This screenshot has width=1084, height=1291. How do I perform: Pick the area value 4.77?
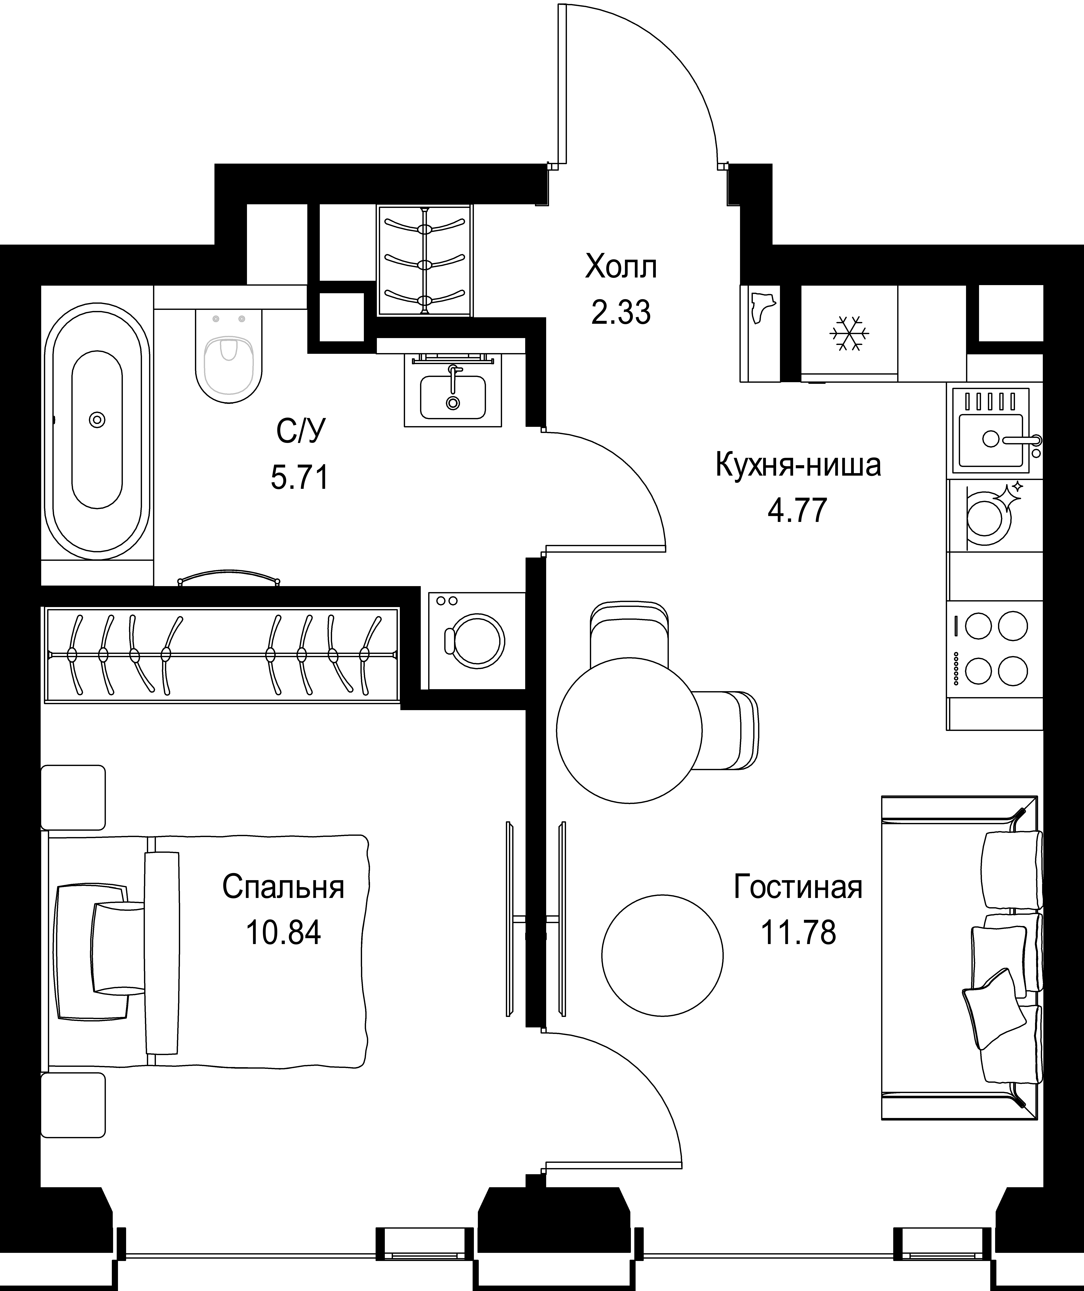(798, 510)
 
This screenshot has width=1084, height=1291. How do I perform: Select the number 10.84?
(283, 933)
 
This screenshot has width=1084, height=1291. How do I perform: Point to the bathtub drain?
(97, 420)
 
